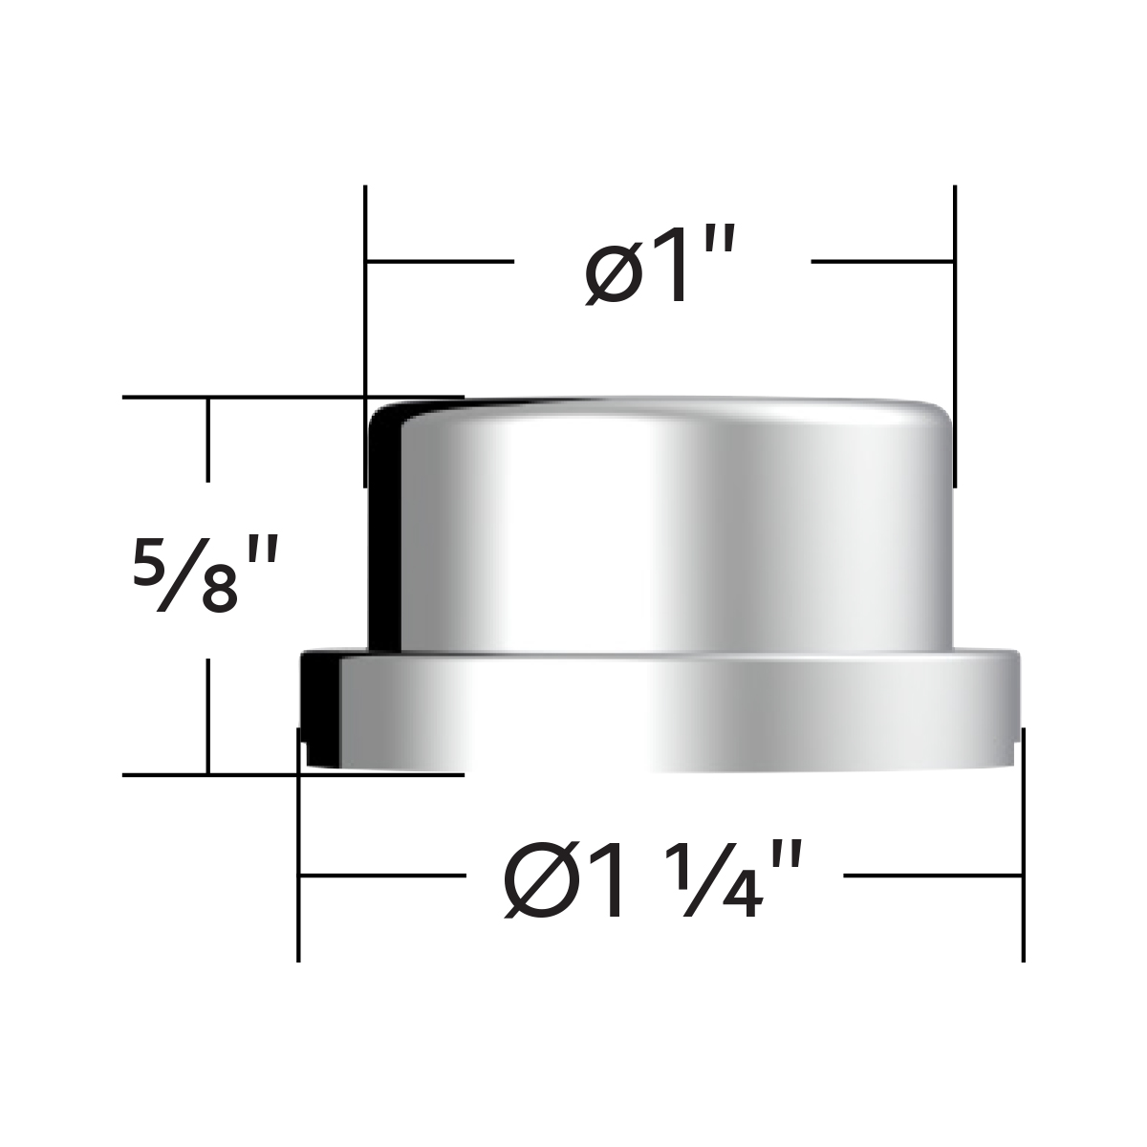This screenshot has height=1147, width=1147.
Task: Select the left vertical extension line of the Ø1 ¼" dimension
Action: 299,860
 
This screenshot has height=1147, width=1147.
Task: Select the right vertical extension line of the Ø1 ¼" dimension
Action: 1024,860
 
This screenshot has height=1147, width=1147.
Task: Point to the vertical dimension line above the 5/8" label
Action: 207,440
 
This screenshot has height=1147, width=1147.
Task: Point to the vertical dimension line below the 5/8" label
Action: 207,717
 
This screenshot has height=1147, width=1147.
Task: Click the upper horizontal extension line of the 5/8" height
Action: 239,396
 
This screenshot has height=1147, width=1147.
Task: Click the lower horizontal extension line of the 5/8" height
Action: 239,774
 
